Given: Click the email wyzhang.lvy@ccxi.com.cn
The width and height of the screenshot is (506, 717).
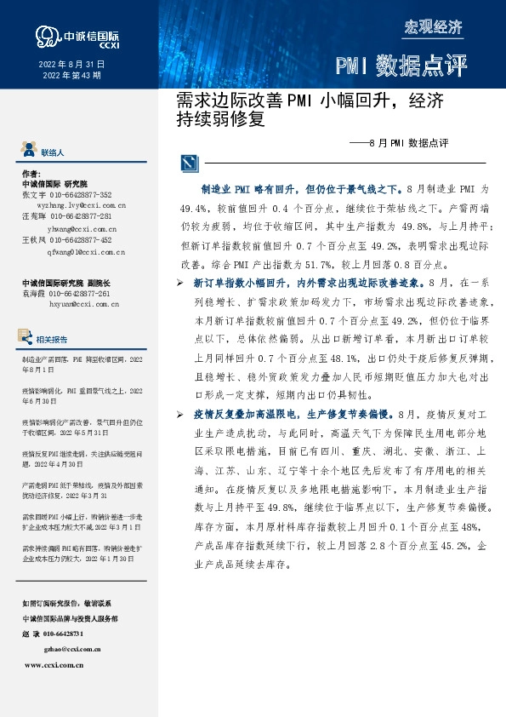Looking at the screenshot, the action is [82, 205].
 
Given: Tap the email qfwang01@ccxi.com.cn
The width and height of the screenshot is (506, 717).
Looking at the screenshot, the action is [87, 252].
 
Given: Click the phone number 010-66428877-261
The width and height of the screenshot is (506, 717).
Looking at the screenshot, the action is [96, 293].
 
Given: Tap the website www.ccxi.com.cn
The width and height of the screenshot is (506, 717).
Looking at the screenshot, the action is [54, 664].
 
